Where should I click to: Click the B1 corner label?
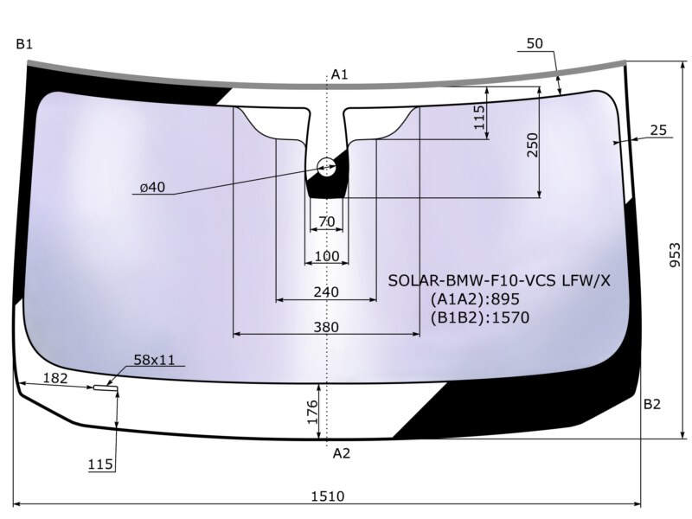[24, 44]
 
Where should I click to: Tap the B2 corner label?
[652, 404]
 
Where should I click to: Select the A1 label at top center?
[339, 74]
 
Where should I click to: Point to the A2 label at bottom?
[341, 453]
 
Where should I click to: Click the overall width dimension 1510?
[328, 497]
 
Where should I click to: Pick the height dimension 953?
[676, 254]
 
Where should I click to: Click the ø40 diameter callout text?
[152, 188]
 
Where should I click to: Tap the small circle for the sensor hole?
[327, 167]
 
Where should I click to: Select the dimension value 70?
[327, 221]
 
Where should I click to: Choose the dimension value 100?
[327, 256]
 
